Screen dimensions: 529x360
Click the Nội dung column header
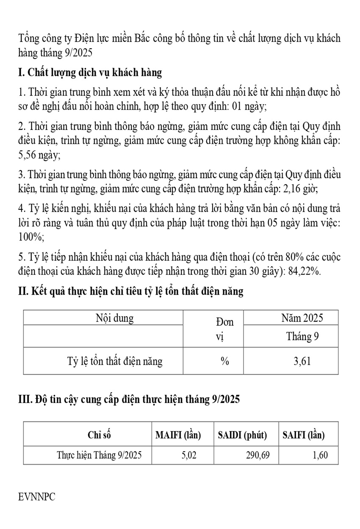[114, 318]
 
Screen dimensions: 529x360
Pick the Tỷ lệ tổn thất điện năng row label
[115, 361]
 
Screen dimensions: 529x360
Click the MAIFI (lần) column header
[178, 435]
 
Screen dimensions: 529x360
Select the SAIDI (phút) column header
[242, 435]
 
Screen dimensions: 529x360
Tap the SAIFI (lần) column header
[304, 435]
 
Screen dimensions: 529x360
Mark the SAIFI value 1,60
[320, 455]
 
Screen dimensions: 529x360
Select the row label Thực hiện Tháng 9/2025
[99, 455]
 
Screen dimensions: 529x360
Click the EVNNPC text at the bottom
[37, 496]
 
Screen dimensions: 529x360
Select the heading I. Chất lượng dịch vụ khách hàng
[90, 73]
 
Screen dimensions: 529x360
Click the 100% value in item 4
[32, 237]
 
